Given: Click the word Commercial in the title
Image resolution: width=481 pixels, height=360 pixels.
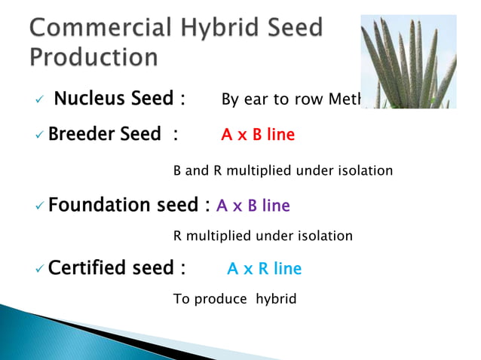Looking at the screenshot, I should click(x=101, y=28).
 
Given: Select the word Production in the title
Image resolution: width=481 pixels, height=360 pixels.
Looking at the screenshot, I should click(x=94, y=56).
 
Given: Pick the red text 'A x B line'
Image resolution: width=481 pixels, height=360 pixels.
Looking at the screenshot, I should click(x=257, y=136).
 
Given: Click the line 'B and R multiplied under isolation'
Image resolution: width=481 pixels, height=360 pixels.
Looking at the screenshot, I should click(x=283, y=171).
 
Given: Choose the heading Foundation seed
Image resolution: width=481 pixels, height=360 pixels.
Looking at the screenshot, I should click(x=124, y=205).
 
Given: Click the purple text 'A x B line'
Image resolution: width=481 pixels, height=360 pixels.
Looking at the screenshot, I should click(x=253, y=206).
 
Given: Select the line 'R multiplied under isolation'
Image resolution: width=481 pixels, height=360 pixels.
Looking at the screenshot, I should click(x=262, y=236).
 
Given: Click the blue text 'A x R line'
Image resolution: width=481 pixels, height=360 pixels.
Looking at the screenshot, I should click(x=264, y=269).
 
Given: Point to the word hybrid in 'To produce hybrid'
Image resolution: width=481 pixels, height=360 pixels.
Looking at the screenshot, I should click(x=276, y=300).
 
